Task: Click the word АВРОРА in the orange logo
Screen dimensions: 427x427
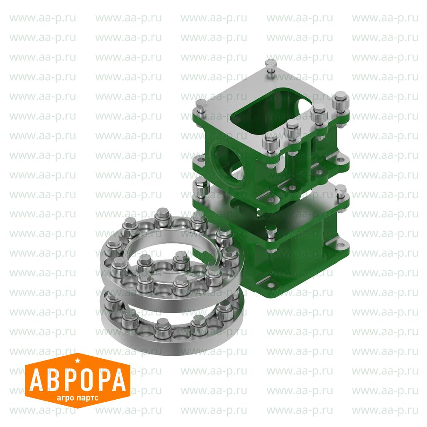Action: [78, 380]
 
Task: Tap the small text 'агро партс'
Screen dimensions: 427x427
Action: [77, 398]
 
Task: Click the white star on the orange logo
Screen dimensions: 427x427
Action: [78, 361]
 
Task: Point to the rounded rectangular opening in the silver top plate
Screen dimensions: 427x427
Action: [271, 111]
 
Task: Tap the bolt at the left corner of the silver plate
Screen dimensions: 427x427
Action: [201, 106]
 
